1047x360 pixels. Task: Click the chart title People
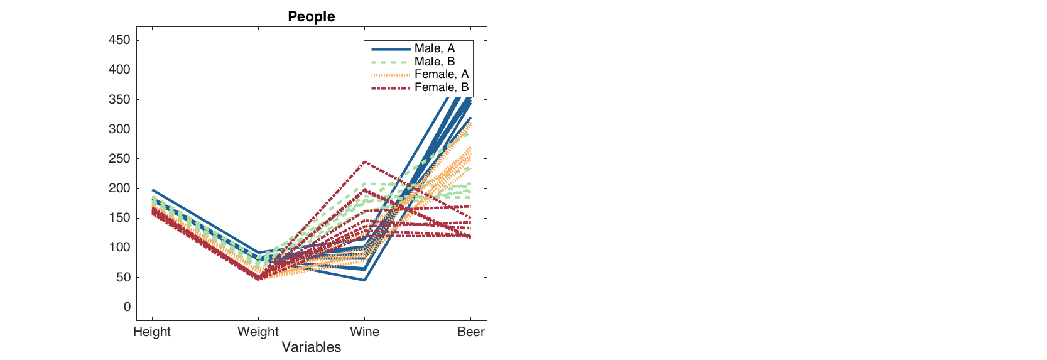coord(311,16)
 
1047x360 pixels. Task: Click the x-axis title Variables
coord(311,347)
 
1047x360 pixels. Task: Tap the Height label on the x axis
coord(152,332)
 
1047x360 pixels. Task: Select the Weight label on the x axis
coord(258,332)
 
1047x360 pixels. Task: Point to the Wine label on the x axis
coord(364,332)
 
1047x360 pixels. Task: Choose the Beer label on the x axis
coord(470,332)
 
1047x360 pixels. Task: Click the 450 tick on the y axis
coord(119,40)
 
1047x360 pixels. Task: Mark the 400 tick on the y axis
coord(119,70)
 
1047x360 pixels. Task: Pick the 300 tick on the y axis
coord(119,129)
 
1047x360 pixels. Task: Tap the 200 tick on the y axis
coord(119,188)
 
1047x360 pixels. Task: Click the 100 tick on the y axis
coord(119,248)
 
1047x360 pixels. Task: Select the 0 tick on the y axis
coord(127,307)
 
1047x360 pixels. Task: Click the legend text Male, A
coord(435,48)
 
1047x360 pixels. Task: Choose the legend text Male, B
coord(435,62)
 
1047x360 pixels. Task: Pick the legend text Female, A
coord(442,74)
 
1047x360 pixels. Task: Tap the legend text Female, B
coord(442,87)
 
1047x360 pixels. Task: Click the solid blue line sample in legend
coord(391,49)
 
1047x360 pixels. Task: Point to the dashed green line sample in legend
coord(391,62)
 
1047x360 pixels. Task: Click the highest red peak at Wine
coord(364,162)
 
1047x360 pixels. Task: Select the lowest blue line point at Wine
coord(364,280)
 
